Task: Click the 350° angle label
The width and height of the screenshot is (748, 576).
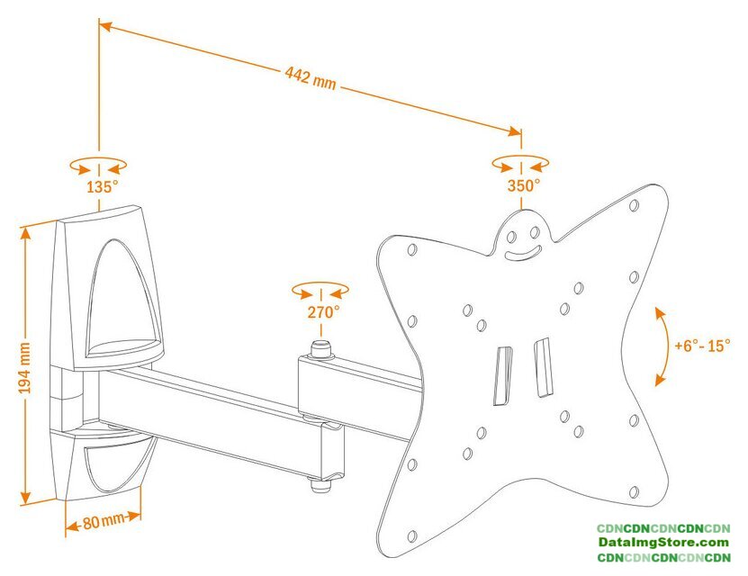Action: point(522,185)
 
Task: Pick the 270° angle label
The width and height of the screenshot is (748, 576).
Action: point(323,312)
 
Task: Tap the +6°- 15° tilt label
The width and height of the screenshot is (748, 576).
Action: point(702,345)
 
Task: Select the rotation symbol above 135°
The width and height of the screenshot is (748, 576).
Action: point(98,166)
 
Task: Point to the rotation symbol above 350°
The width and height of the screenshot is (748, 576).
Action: point(521,164)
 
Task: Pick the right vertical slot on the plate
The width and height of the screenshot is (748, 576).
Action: point(542,367)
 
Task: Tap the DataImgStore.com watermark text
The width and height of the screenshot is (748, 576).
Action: point(663,543)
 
